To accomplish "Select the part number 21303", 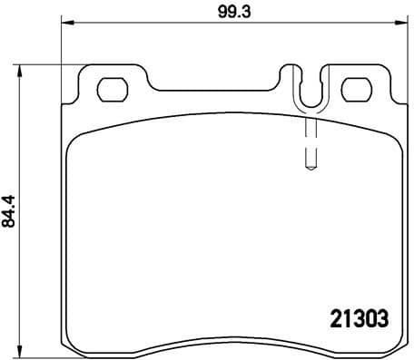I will (356, 318).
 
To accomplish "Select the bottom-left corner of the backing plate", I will (67, 349).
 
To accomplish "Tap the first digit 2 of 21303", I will (331, 318).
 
